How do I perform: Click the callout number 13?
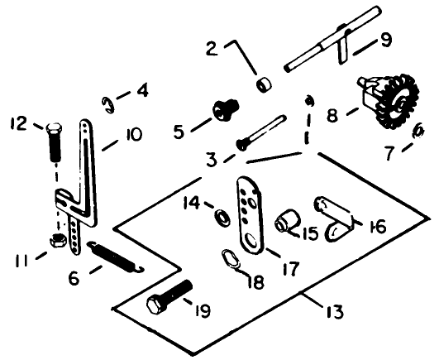coord(335,311)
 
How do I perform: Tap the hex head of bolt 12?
coord(53,128)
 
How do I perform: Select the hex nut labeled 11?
coord(58,240)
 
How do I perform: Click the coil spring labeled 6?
coord(116,257)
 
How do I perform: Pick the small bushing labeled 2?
coord(265,85)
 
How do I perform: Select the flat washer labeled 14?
coord(222,217)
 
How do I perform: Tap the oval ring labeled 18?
coord(231,258)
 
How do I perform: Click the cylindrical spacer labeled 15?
coord(288,221)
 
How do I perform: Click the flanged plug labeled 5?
coord(226,110)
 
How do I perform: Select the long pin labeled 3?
coord(261,132)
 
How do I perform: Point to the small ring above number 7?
coord(418,132)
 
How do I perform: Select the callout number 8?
coord(332,115)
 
